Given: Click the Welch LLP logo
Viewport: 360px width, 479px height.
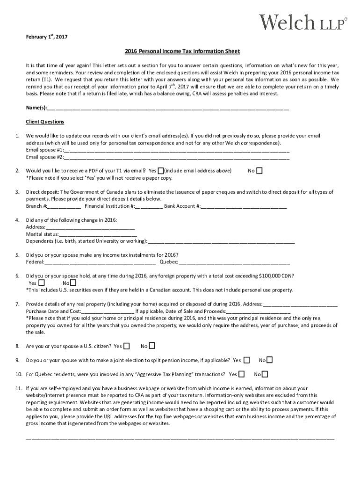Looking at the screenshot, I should point(303,22).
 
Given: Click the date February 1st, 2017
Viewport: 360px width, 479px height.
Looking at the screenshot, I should point(47,37).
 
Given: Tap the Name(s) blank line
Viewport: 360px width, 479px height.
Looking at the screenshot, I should point(168,109).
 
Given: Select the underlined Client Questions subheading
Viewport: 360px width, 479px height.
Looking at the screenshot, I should point(45,122).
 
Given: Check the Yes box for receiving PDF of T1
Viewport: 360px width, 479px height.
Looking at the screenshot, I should point(161,171).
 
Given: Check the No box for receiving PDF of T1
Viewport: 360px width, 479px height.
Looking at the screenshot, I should point(259,171).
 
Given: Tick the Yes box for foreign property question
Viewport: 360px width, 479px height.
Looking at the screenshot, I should point(42,283).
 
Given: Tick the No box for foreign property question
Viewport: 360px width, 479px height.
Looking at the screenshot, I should point(73,283).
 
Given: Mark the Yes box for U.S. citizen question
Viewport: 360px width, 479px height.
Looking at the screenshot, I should point(127,346).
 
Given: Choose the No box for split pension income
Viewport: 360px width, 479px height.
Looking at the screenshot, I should point(269,360).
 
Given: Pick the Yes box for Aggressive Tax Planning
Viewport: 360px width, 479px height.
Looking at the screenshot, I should point(241,374).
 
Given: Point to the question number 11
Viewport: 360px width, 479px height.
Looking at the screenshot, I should point(19,388).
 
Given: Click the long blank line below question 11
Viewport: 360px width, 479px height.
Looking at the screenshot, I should point(180,439).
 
